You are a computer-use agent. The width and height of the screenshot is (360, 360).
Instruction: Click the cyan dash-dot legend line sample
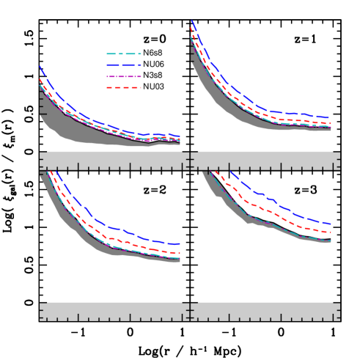click(x=123, y=54)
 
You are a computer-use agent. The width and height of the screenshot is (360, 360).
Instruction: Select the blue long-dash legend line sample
click(x=123, y=65)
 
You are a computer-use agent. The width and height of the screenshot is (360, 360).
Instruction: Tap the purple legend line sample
click(x=123, y=76)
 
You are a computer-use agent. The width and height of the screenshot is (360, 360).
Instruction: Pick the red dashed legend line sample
click(x=123, y=88)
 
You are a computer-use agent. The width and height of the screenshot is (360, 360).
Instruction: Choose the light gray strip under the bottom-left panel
click(x=110, y=311)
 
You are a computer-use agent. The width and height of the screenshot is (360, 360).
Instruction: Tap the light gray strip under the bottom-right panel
click(x=264, y=311)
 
